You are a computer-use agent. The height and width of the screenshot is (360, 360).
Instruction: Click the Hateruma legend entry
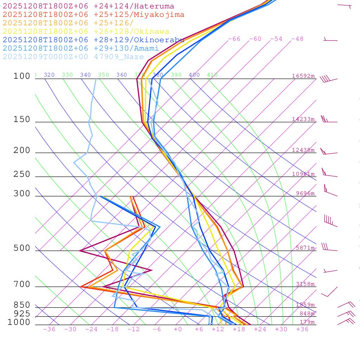[88, 6]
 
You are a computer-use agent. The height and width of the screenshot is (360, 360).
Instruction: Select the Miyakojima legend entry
[93, 14]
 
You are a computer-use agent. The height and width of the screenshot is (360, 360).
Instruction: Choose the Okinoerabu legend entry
[93, 40]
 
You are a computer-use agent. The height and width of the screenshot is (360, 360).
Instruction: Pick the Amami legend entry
[81, 48]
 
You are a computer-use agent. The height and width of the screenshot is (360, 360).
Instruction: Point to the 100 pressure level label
[22, 76]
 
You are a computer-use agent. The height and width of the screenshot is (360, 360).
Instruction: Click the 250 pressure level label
[22, 174]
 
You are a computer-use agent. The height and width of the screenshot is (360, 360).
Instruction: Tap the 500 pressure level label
[22, 248]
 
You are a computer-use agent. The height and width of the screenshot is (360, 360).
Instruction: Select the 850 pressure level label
[22, 305]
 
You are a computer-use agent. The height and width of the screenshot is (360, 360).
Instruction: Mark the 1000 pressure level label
[19, 322]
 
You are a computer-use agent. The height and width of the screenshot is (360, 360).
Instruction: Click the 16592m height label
[303, 76]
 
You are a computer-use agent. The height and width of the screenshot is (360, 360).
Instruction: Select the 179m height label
[307, 322]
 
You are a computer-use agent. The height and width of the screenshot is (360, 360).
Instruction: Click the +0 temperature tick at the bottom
[178, 329]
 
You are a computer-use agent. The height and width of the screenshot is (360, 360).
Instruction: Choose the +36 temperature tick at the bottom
[302, 329]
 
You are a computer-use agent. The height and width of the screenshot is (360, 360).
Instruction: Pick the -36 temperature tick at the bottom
[49, 329]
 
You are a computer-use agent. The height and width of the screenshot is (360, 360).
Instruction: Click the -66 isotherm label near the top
[234, 39]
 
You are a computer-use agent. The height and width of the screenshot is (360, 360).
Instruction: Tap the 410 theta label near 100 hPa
[212, 75]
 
